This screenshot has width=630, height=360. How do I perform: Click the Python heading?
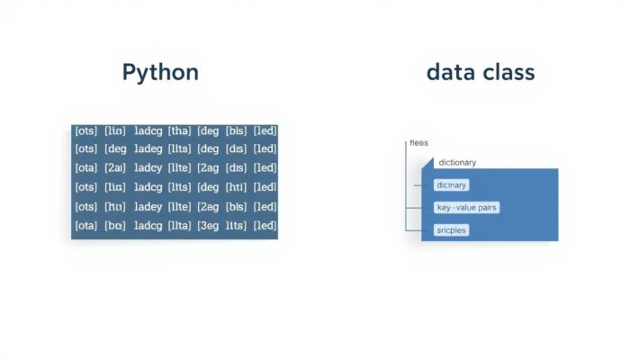click(x=160, y=73)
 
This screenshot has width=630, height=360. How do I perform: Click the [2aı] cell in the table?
click(x=115, y=168)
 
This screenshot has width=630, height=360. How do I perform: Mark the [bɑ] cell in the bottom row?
click(x=115, y=226)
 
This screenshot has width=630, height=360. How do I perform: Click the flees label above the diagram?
click(x=419, y=143)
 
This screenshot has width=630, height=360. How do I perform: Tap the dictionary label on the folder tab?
click(x=457, y=163)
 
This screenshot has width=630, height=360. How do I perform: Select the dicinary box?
click(x=452, y=184)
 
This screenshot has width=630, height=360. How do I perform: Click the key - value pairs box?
click(x=466, y=207)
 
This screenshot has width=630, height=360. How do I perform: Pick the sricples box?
click(x=451, y=230)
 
